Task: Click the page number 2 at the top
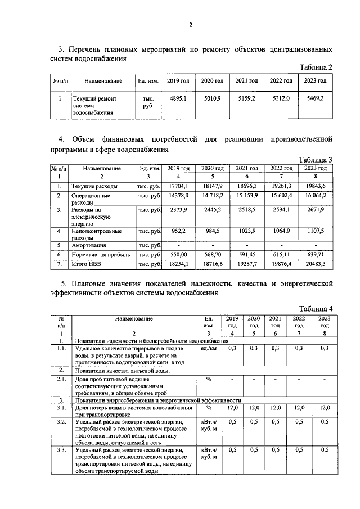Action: pos(191,24)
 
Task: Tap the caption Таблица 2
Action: pos(315,67)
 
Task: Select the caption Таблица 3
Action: pos(315,160)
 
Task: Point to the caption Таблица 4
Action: pos(316,308)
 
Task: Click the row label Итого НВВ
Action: pos(87,263)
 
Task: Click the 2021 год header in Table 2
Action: pos(246,81)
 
